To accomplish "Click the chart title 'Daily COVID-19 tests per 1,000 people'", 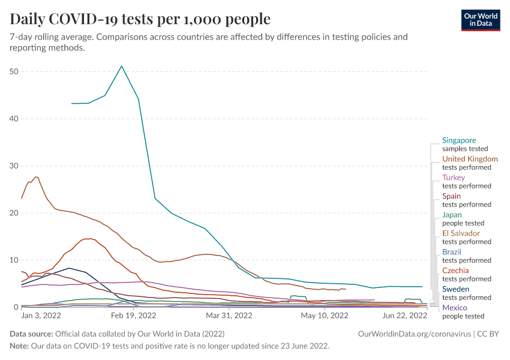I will (x=140, y=19).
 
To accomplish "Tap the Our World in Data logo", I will (x=480, y=19).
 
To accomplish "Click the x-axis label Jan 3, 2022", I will (x=41, y=315).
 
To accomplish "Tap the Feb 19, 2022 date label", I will (x=134, y=315).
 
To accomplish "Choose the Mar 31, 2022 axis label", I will (x=229, y=315).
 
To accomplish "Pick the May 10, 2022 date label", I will (x=324, y=315).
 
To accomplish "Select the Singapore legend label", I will (x=459, y=140).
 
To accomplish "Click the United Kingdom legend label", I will (x=470, y=159).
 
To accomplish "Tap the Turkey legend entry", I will (x=453, y=178).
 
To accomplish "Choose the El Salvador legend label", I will (x=461, y=233).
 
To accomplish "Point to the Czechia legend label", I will (x=455, y=271).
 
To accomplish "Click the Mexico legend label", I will (x=454, y=308).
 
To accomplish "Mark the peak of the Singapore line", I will (x=122, y=66).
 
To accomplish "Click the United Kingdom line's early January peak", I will (x=37, y=177).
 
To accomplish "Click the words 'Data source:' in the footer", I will (x=31, y=334).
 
